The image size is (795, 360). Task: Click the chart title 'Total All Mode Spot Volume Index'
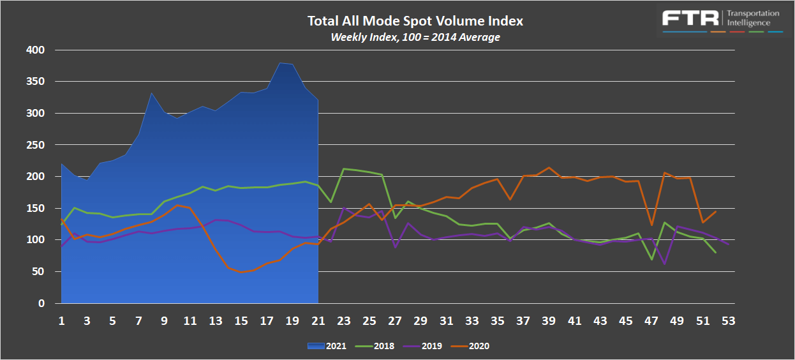(x=415, y=21)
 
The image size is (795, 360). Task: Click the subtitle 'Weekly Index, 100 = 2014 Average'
(x=415, y=37)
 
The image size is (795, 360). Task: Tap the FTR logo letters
(x=689, y=17)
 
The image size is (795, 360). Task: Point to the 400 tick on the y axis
(x=36, y=50)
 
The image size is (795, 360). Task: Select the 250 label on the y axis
(x=36, y=145)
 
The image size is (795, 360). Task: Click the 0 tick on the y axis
(x=41, y=304)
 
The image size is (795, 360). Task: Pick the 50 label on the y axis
(x=38, y=272)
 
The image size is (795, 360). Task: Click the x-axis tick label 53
(x=728, y=320)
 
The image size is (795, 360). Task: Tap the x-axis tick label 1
(x=62, y=320)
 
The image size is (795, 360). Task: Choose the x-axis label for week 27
(x=395, y=320)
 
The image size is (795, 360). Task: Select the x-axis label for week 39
(x=549, y=320)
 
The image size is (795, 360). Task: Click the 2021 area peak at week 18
(x=279, y=63)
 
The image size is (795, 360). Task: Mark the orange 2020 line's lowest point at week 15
(x=241, y=273)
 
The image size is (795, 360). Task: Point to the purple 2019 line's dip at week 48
(x=664, y=264)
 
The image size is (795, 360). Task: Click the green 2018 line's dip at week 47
(x=651, y=259)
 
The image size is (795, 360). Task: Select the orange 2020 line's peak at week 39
(x=549, y=168)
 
